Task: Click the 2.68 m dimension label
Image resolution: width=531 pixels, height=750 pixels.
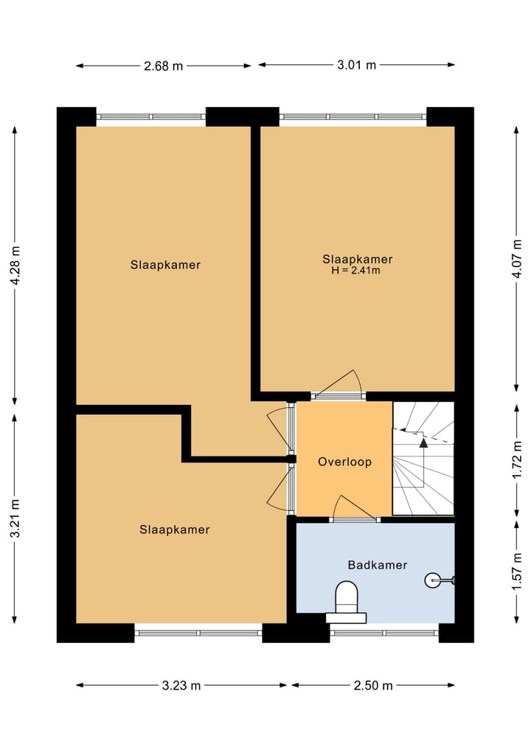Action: tap(163, 66)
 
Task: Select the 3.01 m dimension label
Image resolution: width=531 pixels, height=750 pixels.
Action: tap(356, 65)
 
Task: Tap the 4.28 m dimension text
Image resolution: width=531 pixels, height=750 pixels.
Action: tap(15, 265)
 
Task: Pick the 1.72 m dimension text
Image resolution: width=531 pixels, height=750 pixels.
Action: tap(518, 459)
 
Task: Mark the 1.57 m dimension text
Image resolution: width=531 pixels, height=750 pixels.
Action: tap(518, 570)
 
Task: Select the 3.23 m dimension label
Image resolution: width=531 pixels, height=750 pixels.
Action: tap(181, 685)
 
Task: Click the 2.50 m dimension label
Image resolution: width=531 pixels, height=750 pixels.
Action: tap(373, 685)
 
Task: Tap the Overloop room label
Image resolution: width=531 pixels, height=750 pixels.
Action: tap(344, 462)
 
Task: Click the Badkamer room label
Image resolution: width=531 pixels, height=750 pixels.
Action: tap(377, 565)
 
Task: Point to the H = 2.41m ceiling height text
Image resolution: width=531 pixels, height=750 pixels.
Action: tap(357, 271)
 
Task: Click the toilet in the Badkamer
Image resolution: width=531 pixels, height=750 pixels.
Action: tap(346, 597)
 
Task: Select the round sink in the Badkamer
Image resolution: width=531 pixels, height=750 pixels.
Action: tap(434, 580)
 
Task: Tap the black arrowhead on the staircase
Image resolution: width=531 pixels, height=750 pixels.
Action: tap(423, 442)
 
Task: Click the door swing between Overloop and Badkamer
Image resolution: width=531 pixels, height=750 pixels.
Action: tap(353, 509)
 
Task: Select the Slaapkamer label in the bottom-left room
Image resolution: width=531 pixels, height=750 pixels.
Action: tap(175, 529)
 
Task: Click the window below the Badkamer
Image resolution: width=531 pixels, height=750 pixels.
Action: tap(383, 633)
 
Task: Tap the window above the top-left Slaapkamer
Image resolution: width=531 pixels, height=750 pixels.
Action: tap(151, 117)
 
